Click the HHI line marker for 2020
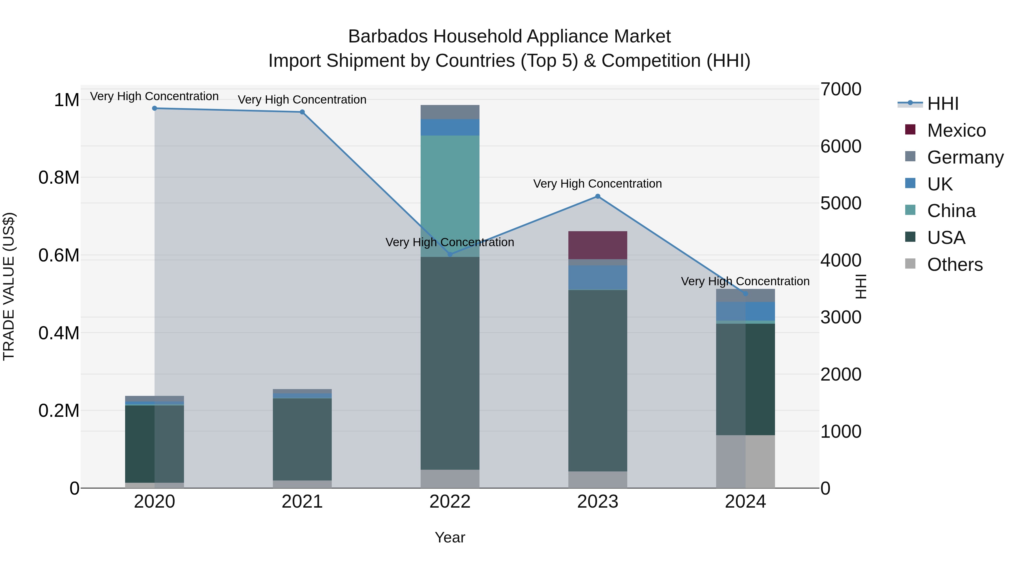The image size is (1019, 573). [x=155, y=108]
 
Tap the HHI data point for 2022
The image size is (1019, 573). [x=450, y=254]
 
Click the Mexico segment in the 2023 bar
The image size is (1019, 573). [x=598, y=245]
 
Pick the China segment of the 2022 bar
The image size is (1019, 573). [x=450, y=196]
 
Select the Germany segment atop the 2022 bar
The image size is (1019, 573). [x=450, y=112]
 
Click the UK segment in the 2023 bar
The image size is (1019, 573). [x=598, y=278]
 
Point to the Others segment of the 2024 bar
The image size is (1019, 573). [x=745, y=462]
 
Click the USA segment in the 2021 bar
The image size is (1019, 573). [x=302, y=439]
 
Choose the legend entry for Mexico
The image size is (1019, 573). [x=956, y=130]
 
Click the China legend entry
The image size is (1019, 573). [x=951, y=211]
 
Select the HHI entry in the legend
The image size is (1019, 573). [x=943, y=104]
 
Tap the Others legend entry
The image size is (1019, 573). [x=954, y=265]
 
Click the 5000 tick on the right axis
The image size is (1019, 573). [x=841, y=203]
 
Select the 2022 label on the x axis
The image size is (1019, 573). [x=450, y=502]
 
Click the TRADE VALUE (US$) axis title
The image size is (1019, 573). [x=9, y=286]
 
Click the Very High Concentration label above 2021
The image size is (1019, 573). [x=302, y=100]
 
